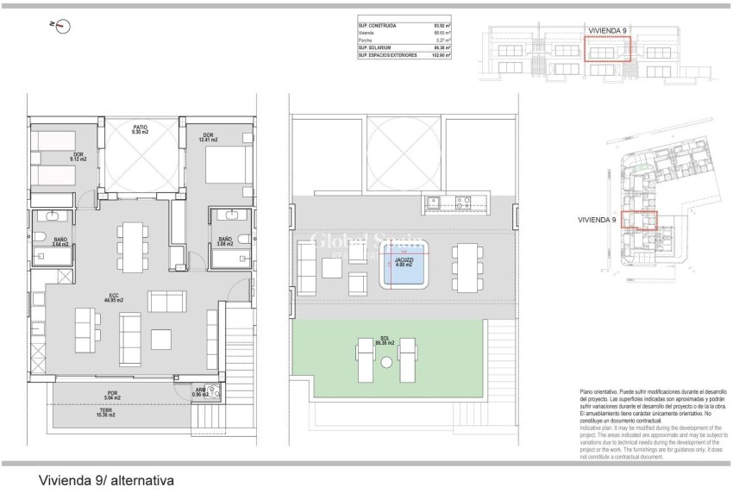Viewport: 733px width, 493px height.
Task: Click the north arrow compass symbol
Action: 62,26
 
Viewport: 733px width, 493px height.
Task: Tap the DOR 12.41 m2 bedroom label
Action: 209,137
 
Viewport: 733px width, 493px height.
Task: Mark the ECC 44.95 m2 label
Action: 115,297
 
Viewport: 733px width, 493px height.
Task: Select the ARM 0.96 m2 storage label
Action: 200,393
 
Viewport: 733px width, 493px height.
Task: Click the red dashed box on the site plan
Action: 640,219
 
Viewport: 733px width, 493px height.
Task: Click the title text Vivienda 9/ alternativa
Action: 107,479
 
